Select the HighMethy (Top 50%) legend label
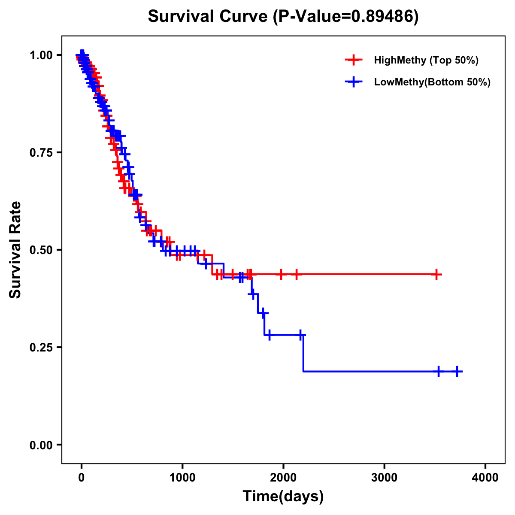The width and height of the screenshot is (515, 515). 426,60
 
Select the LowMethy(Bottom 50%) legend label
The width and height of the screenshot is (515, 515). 432,82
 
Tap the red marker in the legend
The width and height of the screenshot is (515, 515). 353,60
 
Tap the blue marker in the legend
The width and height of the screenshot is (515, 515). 353,82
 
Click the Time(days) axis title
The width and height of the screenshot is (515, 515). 283,497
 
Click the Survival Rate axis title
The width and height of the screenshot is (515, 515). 15,250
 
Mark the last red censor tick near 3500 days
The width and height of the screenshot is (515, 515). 436,274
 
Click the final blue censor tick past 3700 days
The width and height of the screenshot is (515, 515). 457,371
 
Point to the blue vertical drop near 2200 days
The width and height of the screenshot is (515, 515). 303,353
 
